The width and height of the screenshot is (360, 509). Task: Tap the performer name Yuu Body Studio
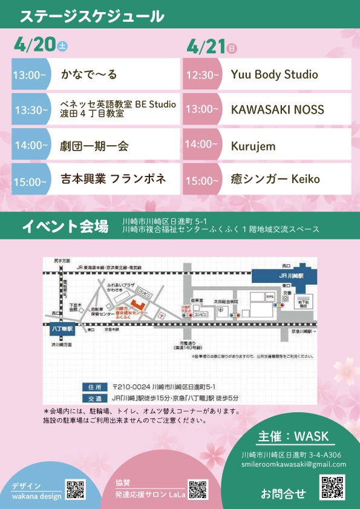[x=274, y=74]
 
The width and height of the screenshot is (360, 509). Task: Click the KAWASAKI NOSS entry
[x=277, y=109]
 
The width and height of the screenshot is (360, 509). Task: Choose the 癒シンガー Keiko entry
[x=275, y=179]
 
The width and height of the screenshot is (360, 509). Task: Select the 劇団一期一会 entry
[x=94, y=145]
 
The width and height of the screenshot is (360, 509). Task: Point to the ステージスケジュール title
[x=92, y=16]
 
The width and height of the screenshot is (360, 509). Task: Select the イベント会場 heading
[x=65, y=227]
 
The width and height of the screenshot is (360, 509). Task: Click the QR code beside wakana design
[x=75, y=490]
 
